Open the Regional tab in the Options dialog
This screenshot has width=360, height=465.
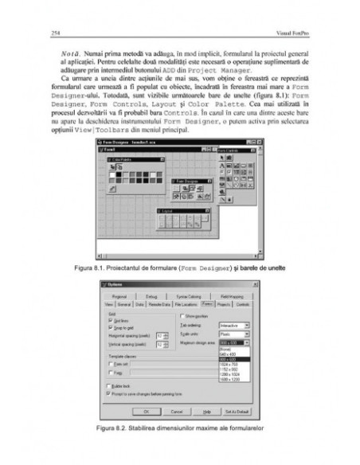point(127,295)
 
